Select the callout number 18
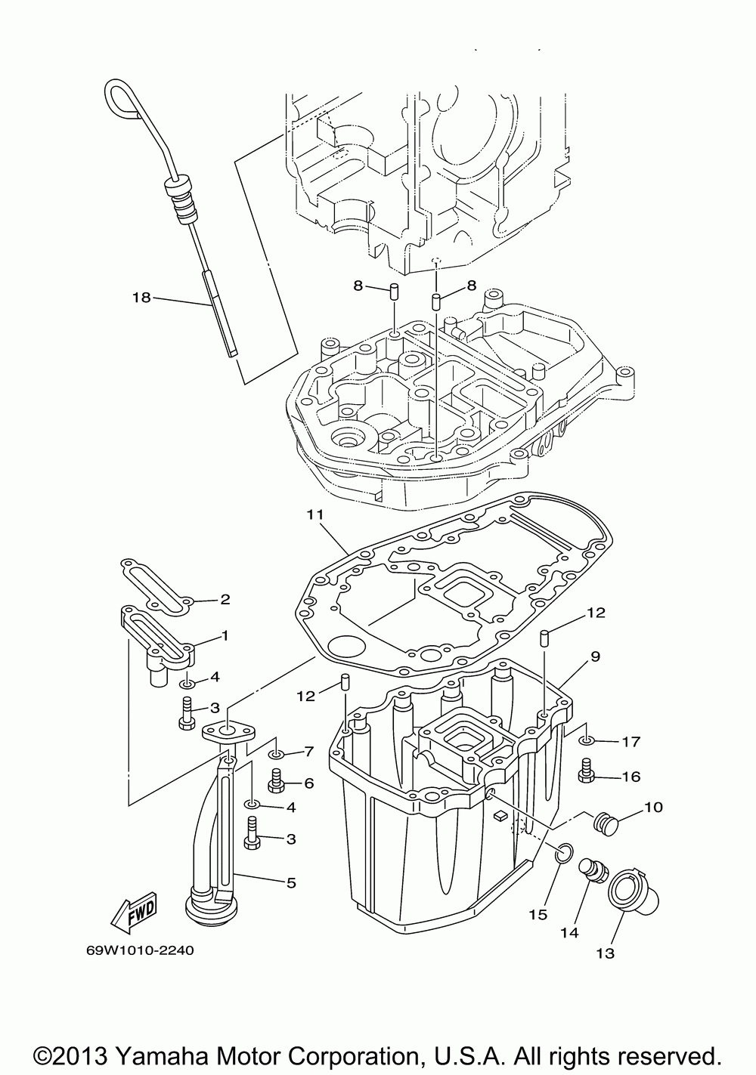pos(141,298)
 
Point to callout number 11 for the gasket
pos(314,515)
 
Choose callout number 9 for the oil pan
pos(596,657)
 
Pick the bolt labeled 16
pos(587,774)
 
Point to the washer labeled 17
pos(587,741)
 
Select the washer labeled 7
pos(277,754)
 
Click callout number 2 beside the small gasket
pos(225,601)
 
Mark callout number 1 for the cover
pos(225,636)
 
